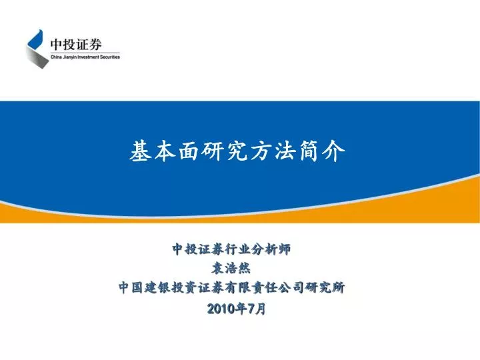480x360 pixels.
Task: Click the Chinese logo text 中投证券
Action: click(76, 45)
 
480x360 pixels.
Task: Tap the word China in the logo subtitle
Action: click(56, 57)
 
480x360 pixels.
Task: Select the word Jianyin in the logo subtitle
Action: click(69, 57)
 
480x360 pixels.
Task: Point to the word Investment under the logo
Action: click(88, 57)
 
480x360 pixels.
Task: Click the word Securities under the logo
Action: click(110, 57)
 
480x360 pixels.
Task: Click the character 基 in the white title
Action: click(140, 151)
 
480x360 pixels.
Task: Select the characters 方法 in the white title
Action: click(273, 151)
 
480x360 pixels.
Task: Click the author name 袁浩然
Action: click(231, 268)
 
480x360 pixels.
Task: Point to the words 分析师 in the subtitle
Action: click(271, 249)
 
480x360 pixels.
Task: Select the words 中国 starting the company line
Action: click(131, 287)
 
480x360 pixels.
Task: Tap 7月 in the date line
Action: click(257, 309)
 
